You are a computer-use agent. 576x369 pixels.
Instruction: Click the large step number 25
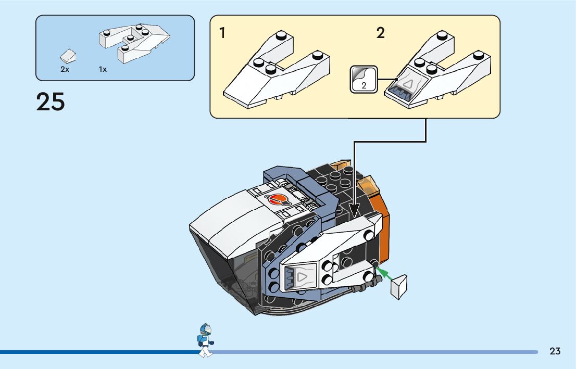click(51, 101)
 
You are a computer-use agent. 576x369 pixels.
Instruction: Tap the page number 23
click(555, 351)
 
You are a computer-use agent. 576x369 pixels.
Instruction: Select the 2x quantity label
click(65, 69)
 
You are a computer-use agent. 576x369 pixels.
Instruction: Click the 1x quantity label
click(103, 69)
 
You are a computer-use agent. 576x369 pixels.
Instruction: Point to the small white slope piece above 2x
click(68, 56)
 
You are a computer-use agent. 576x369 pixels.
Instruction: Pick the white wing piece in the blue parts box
click(134, 43)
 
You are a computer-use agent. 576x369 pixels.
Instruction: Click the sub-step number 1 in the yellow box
click(222, 33)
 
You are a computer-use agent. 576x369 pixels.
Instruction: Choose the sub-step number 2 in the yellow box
click(381, 33)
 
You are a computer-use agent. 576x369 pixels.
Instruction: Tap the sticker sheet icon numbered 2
click(364, 79)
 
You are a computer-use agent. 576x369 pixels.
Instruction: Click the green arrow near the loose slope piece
click(383, 274)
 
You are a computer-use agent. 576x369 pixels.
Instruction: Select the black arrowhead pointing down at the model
click(354, 211)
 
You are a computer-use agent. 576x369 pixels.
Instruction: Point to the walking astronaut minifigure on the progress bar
click(205, 340)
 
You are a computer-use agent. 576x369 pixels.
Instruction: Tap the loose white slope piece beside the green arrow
click(399, 286)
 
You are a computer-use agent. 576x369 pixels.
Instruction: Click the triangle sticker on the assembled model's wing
click(301, 277)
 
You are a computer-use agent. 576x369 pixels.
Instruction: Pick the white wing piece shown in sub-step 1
click(277, 69)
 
